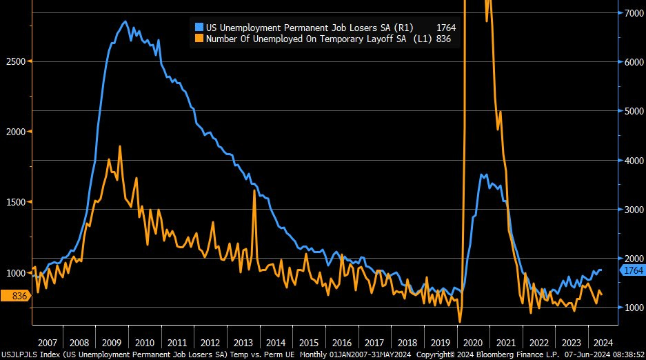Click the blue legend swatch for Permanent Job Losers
[x=199, y=27]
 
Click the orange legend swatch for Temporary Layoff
[x=199, y=39]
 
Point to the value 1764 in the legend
[x=446, y=27]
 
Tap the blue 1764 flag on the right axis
[x=632, y=271]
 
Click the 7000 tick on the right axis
[x=633, y=13]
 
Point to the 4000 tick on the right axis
[x=633, y=160]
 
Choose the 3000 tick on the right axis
[x=633, y=209]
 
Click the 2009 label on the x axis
[x=112, y=343]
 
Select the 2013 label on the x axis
[x=243, y=343]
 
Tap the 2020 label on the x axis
[x=473, y=343]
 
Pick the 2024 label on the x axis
[x=601, y=343]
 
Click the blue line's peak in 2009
[x=125, y=21]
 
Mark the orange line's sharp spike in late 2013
[x=254, y=190]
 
